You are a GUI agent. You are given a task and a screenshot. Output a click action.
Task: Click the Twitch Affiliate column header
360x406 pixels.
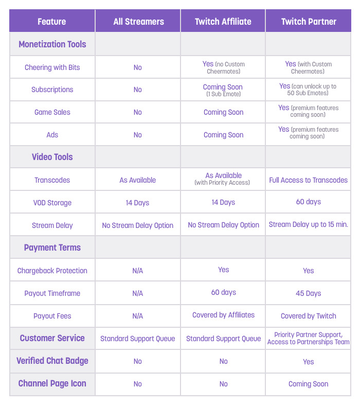click(223, 22)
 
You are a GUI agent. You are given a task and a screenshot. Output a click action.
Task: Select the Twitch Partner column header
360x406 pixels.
click(309, 22)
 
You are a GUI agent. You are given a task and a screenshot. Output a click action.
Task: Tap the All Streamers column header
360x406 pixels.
click(138, 22)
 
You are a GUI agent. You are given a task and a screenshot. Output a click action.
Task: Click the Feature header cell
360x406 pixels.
click(52, 22)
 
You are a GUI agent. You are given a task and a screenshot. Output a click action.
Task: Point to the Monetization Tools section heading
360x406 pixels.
click(52, 44)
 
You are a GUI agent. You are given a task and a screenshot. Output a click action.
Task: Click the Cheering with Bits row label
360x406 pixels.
click(52, 67)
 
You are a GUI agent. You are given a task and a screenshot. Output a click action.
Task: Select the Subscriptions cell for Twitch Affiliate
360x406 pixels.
click(223, 90)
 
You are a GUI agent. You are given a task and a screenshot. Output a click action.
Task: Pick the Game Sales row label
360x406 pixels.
click(52, 112)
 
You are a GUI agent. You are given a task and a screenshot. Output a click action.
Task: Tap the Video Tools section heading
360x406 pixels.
click(52, 157)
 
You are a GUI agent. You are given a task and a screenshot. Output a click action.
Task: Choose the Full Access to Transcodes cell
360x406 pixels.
click(309, 180)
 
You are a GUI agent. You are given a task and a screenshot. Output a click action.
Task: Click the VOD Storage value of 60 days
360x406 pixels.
click(309, 202)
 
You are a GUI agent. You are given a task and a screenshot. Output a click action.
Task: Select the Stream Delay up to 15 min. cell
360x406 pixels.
click(309, 225)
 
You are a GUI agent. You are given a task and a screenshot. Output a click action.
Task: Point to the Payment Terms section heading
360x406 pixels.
click(52, 248)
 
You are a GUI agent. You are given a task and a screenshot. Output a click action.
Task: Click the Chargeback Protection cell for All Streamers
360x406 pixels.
click(138, 271)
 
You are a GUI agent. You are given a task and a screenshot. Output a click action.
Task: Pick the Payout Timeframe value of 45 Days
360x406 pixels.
click(309, 293)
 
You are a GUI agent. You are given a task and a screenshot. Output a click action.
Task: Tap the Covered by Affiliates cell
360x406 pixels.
click(223, 315)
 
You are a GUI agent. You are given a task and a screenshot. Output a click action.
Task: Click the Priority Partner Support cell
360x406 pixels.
click(309, 338)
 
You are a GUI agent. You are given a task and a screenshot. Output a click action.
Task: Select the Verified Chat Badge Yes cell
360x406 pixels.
click(309, 362)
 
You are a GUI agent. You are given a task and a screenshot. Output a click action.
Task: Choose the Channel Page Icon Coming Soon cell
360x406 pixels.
click(309, 384)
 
